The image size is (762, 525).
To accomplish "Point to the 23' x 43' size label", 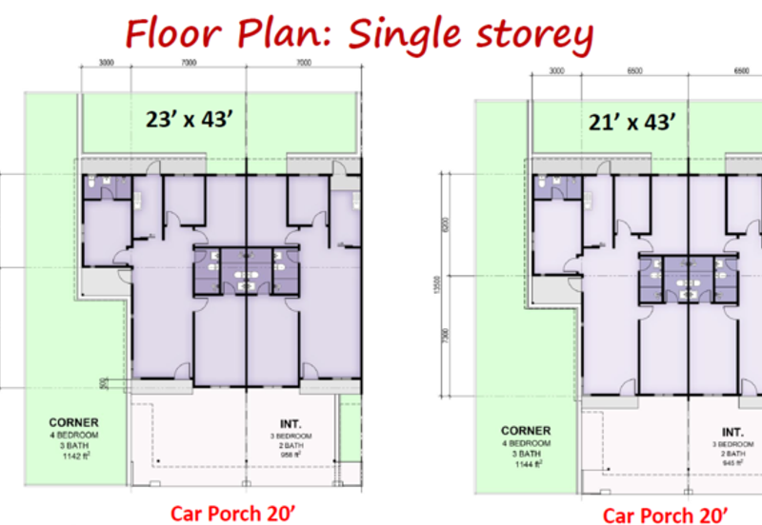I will [188, 119].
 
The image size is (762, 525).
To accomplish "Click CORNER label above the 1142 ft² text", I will [72, 422].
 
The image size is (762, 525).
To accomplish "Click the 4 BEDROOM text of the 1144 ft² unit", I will [526, 443].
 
